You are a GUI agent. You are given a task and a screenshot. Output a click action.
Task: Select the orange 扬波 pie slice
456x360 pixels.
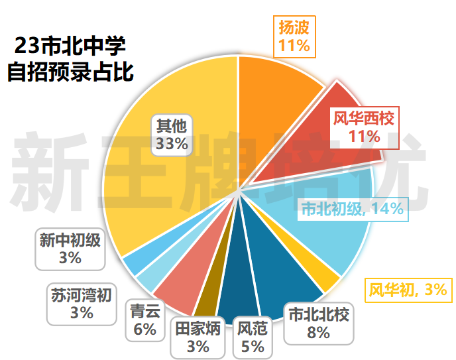click(272, 93)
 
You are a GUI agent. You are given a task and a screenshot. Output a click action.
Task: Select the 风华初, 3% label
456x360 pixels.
click(408, 289)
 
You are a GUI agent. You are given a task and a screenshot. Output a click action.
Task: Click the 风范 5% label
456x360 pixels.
click(251, 337)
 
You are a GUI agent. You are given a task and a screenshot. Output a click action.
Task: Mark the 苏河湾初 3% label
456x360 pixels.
click(81, 303)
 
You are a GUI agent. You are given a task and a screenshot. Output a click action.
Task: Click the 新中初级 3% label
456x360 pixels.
click(70, 249)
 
